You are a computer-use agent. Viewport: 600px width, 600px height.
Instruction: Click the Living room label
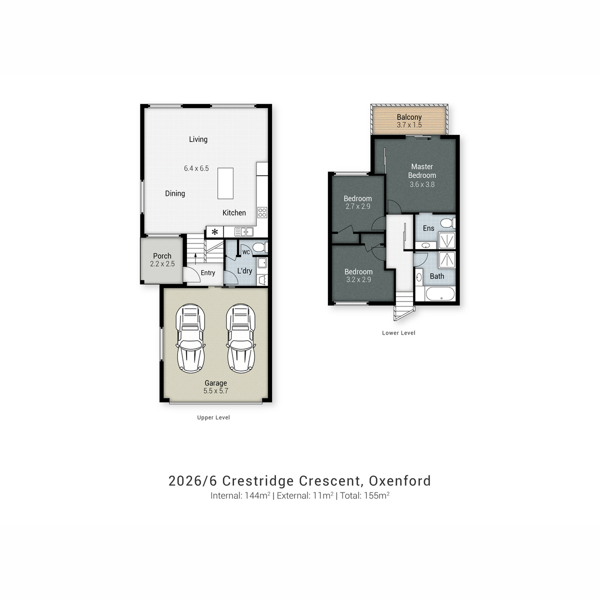click(x=198, y=139)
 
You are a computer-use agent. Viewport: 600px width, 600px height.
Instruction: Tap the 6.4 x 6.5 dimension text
click(x=196, y=168)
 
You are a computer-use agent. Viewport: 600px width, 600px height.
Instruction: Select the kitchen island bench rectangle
click(x=225, y=183)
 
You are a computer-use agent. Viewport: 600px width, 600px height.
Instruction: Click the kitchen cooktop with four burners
click(x=262, y=212)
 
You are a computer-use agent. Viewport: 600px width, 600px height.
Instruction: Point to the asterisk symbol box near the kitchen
click(x=215, y=232)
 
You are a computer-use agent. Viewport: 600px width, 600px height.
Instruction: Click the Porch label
click(x=162, y=256)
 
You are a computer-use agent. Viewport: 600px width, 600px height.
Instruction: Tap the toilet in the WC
click(x=259, y=247)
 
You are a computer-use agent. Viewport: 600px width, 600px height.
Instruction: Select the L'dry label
click(x=244, y=271)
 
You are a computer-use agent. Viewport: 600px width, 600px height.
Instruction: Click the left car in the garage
click(x=190, y=338)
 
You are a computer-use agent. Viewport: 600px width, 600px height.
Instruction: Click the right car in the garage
click(x=240, y=338)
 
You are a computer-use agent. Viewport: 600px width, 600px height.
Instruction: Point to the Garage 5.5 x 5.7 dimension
click(x=216, y=391)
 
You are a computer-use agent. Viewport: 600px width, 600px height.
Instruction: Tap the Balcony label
click(x=409, y=117)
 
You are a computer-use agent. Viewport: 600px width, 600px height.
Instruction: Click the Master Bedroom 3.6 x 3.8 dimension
click(x=422, y=184)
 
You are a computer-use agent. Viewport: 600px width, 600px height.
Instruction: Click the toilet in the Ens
click(x=447, y=223)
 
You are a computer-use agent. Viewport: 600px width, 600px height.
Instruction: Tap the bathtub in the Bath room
click(x=439, y=294)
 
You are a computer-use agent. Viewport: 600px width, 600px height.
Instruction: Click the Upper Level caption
click(x=213, y=417)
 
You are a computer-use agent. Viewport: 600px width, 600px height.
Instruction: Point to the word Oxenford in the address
click(x=400, y=480)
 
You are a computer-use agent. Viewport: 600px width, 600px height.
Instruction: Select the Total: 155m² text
click(x=364, y=495)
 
